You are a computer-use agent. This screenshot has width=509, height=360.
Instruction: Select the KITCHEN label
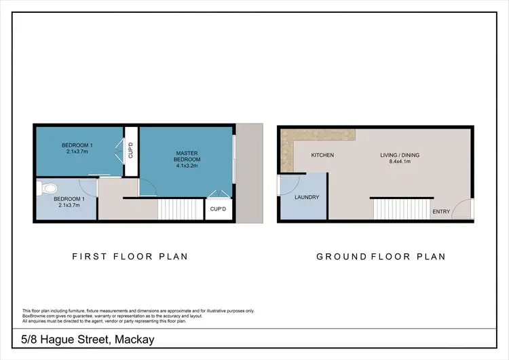322,156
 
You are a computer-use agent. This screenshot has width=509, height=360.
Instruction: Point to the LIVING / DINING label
400,156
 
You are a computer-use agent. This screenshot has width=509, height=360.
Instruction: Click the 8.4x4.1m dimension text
400,162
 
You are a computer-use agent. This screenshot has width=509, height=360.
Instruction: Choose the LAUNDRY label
307,198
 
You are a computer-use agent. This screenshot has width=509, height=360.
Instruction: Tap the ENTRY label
441,212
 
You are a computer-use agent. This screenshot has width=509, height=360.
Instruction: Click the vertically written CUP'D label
130,151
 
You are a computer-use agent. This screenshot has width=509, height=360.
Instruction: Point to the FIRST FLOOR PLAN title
130,257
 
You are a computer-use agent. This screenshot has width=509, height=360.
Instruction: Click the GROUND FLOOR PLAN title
381,257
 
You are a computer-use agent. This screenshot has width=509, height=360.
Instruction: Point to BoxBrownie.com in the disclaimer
37,315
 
